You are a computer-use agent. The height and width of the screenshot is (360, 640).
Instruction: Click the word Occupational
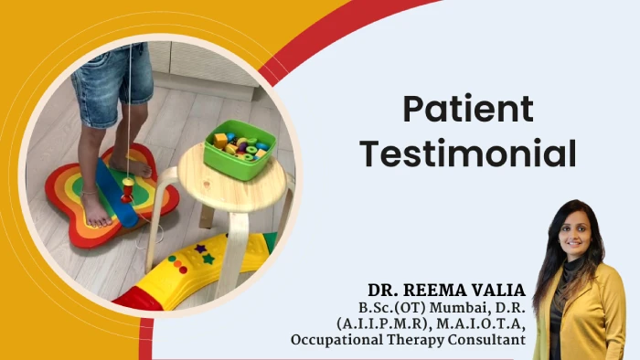click(341, 340)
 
